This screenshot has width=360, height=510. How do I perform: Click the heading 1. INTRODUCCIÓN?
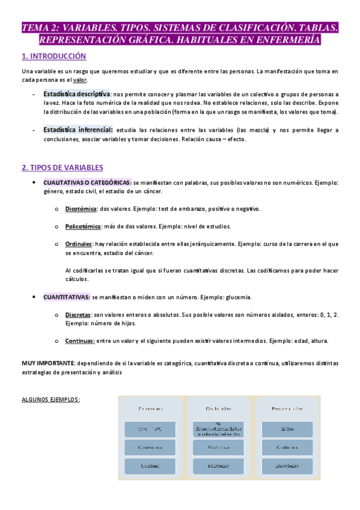[54, 57]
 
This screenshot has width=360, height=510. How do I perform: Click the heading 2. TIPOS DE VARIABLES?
[62, 168]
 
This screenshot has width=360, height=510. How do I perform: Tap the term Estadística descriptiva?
[76, 94]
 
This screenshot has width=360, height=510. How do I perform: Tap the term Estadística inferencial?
[78, 130]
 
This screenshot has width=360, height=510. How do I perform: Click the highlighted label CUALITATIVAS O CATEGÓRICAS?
[87, 182]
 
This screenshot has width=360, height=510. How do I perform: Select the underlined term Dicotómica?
[81, 209]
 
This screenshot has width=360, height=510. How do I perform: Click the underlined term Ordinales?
[79, 244]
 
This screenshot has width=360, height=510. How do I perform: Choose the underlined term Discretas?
[78, 315]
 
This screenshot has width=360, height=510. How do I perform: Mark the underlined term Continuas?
[80, 340]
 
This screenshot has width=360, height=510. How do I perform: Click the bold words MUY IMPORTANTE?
[47, 363]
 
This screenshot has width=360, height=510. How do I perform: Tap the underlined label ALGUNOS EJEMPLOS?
[50, 399]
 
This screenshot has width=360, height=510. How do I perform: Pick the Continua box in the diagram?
[150, 466]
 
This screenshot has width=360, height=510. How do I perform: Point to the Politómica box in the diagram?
[218, 466]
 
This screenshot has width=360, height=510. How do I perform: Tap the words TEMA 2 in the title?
[43, 27]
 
